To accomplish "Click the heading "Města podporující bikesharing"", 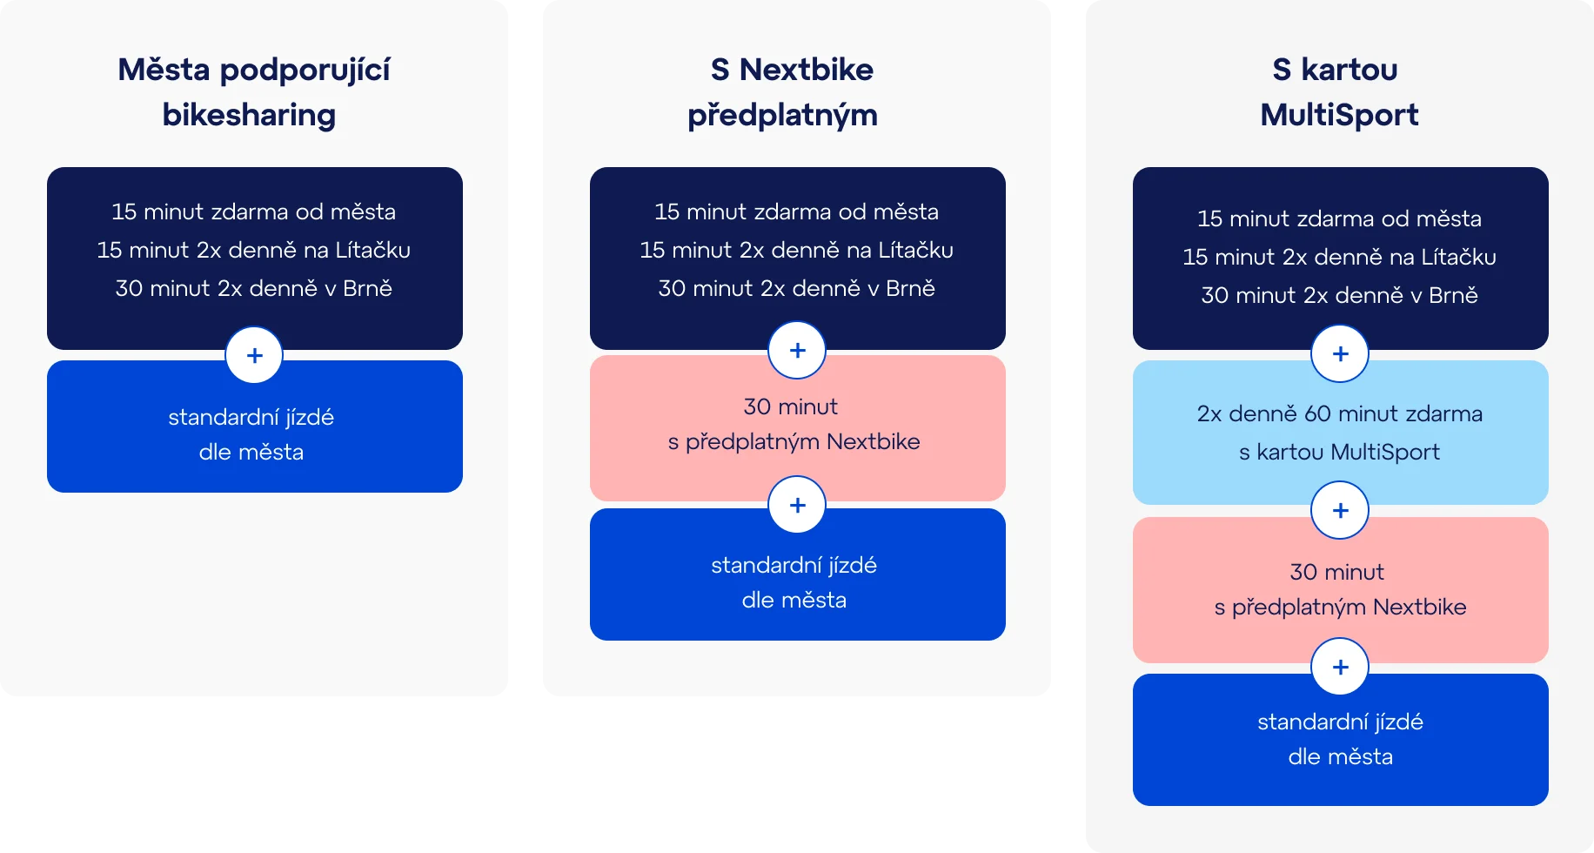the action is tap(253, 91).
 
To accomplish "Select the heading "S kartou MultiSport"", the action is tap(1339, 91).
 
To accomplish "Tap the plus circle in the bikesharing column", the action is tap(254, 355).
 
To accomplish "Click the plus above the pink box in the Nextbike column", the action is tap(797, 350).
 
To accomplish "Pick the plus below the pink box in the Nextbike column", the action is tap(797, 505).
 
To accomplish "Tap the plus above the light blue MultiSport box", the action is tap(1340, 353).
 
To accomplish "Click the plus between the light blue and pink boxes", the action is tap(1340, 510).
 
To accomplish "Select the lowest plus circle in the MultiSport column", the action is tap(1340, 667).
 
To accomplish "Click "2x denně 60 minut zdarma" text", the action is tap(1340, 413).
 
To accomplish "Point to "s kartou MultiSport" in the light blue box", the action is tap(1340, 452).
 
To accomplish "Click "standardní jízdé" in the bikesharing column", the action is tap(251, 417).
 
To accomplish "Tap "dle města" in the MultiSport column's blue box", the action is tap(1341, 756).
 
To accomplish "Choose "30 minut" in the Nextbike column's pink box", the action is tap(791, 406).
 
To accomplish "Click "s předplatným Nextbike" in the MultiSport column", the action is tap(1341, 607).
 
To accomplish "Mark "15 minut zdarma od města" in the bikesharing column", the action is tap(254, 212).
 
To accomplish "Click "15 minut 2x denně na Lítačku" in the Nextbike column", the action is tap(797, 250).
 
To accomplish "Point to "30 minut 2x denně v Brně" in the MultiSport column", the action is tap(1340, 295).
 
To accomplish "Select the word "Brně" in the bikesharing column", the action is tap(367, 288).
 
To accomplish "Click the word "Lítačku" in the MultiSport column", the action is tap(1458, 257).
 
